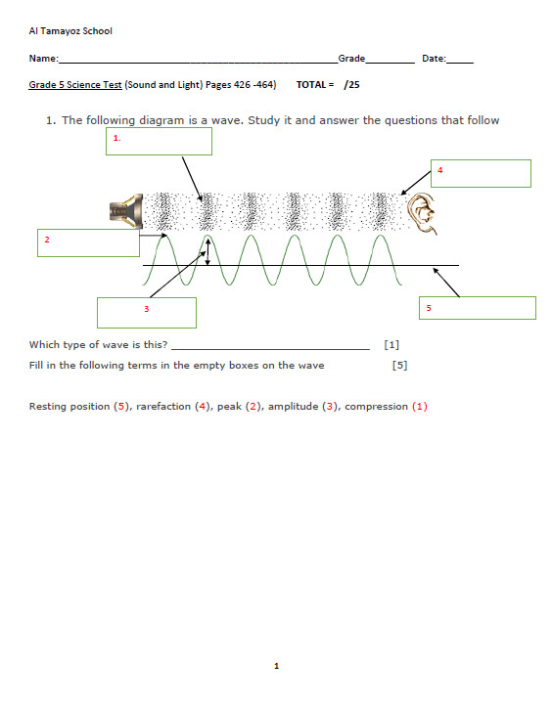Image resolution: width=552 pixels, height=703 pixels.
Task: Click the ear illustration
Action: click(422, 213)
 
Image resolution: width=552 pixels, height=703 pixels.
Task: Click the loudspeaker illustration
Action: click(126, 211)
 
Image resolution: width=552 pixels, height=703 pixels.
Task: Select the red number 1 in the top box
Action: click(116, 138)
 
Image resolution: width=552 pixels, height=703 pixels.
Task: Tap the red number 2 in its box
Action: click(47, 240)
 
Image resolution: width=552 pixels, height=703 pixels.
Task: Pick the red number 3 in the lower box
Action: click(146, 309)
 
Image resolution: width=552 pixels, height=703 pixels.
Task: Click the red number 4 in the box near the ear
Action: click(440, 170)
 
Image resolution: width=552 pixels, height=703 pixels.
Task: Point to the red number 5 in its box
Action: click(429, 308)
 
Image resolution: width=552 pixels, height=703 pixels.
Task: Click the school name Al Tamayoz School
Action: click(70, 31)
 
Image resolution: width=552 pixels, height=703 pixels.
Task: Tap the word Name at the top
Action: click(43, 59)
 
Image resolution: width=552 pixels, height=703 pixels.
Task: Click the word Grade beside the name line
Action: click(351, 59)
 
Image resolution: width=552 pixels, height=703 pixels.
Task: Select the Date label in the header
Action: click(434, 59)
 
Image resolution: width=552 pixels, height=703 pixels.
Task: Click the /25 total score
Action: click(351, 85)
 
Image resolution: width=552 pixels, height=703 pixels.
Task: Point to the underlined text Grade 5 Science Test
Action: click(75, 85)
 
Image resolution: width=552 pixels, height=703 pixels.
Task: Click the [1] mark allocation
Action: click(391, 344)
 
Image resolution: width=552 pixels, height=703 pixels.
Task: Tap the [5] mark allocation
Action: click(400, 365)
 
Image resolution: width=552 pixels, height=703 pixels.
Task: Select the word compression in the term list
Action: click(376, 407)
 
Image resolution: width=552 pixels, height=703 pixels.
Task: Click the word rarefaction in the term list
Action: click(163, 406)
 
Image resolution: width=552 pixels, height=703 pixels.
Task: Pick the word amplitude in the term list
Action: click(293, 406)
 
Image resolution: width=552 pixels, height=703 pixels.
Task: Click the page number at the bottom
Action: click(276, 666)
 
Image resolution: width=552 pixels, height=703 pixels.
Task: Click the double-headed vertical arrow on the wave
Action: click(207, 251)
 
